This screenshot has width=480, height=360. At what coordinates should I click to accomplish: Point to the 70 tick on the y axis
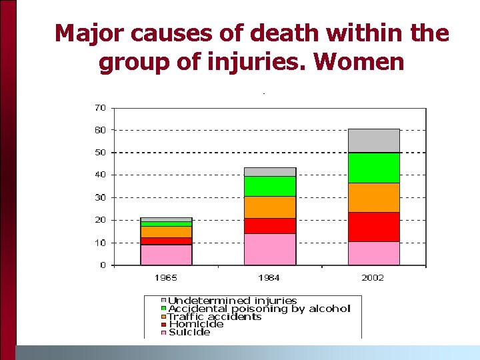[x=99, y=107]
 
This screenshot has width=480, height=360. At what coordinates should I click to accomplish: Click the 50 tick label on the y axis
[x=99, y=153]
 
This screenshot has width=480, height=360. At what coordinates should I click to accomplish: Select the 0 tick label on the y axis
[x=102, y=265]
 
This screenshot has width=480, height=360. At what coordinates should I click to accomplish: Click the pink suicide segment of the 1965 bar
[x=166, y=255]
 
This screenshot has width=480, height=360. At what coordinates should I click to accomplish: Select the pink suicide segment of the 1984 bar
[x=269, y=249]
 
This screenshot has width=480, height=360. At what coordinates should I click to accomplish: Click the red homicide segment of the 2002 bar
[x=373, y=227]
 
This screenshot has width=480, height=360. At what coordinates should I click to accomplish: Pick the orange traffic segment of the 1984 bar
[x=269, y=207]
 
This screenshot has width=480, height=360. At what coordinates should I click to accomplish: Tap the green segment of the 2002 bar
[x=373, y=167]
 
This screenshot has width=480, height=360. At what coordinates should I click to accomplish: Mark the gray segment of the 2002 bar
[x=373, y=141]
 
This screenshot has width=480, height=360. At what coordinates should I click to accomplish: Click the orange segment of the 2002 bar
[x=373, y=197]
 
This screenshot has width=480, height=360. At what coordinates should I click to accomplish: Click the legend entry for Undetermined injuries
[x=232, y=301]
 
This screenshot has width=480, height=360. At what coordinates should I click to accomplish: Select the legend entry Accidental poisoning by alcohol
[x=259, y=309]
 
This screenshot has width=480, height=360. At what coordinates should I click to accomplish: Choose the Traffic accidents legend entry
[x=215, y=317]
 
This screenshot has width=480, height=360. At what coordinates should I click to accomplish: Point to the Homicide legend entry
[x=196, y=325]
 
